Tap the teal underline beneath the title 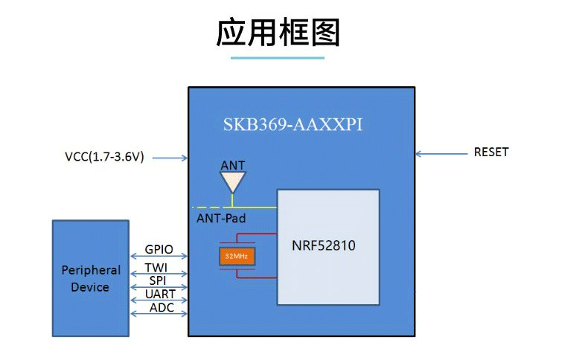point(278,57)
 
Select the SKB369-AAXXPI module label point(293,124)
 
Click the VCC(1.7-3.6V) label point(104,157)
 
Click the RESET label point(491,152)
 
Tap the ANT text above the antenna point(233,165)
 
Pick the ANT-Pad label point(221,219)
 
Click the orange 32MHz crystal point(237,257)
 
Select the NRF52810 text point(324,245)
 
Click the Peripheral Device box point(90,278)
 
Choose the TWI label point(156,267)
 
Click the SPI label point(157,280)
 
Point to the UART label point(160,295)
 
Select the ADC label point(161,307)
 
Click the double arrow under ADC point(159,315)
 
